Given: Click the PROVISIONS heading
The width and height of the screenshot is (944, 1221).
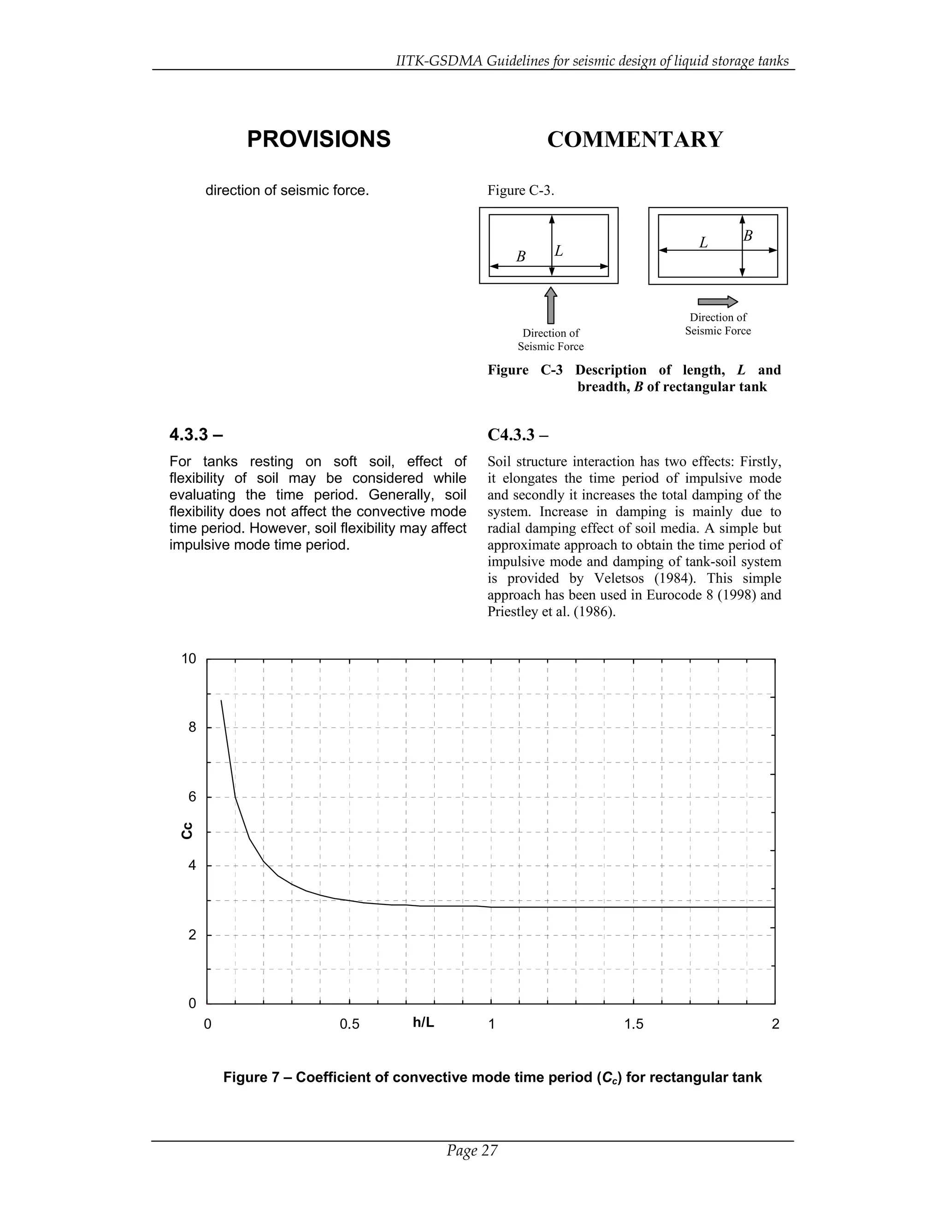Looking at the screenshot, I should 319,139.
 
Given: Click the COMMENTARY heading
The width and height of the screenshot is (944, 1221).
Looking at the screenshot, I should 635,139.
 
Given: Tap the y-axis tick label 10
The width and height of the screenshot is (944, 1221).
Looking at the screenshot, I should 189,658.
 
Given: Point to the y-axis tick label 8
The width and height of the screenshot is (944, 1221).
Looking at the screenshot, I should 192,728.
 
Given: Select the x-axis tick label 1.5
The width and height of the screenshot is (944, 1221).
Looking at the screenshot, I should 634,1024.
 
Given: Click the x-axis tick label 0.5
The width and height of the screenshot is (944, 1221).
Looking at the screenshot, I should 349,1024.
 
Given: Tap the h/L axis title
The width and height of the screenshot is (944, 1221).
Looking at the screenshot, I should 423,1022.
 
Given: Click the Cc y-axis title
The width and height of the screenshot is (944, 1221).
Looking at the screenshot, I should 187,830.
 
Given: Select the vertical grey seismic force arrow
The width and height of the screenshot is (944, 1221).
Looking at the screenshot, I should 551,305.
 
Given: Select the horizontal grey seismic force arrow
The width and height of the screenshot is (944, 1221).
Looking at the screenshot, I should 718,302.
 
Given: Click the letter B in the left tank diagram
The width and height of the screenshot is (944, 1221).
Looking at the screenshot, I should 521,257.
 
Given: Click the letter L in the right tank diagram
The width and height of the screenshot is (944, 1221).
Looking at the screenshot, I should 703,243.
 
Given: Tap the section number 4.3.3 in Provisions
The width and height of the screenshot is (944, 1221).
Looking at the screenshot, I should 189,434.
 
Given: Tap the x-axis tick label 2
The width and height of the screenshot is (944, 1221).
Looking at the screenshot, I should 775,1024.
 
